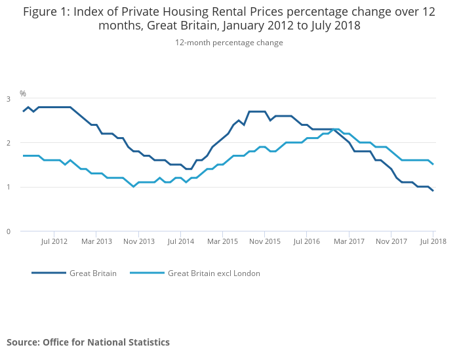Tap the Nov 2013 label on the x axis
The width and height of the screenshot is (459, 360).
coord(138,241)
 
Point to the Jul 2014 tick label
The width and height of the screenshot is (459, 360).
coord(180,241)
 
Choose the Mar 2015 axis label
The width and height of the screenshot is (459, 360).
coord(222,241)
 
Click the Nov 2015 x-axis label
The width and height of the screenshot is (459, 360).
coord(264,241)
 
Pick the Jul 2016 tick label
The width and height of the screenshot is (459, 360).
coord(306,241)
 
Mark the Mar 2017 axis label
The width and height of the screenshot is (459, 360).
coord(349,241)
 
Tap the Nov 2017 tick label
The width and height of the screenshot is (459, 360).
coord(391,241)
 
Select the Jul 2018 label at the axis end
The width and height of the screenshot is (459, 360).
coord(433,241)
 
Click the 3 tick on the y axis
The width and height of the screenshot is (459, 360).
coord(9,98)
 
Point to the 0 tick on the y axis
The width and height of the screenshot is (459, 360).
coord(9,231)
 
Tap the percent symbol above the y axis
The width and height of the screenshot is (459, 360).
coord(22,94)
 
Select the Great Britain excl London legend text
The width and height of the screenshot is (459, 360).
coord(214,273)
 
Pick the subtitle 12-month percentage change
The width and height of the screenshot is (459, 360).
coord(229,42)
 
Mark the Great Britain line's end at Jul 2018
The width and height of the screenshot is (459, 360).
coord(433,191)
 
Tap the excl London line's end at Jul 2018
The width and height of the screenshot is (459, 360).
coord(433,165)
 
